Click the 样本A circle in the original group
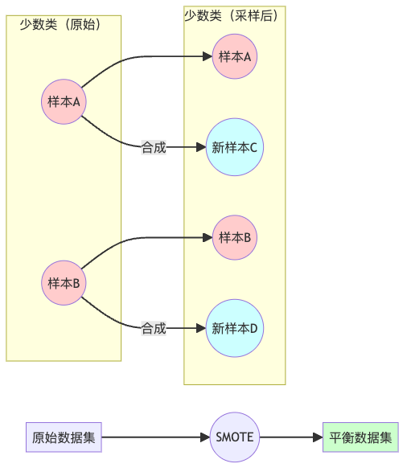64,102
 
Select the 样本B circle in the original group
64,283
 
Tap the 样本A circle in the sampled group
235,56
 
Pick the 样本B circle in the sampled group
235,237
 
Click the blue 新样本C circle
234,147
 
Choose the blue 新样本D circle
234,328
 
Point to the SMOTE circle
235,437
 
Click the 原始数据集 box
64,437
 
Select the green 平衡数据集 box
360,437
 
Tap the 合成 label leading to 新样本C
154,147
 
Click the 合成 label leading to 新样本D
154,328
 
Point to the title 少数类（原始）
64,24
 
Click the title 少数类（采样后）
234,14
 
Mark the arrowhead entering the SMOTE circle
204,437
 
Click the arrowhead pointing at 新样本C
200,147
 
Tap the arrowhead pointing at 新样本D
200,328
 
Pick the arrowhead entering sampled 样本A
207,56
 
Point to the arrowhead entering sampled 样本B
207,237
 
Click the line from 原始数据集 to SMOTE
153,437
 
